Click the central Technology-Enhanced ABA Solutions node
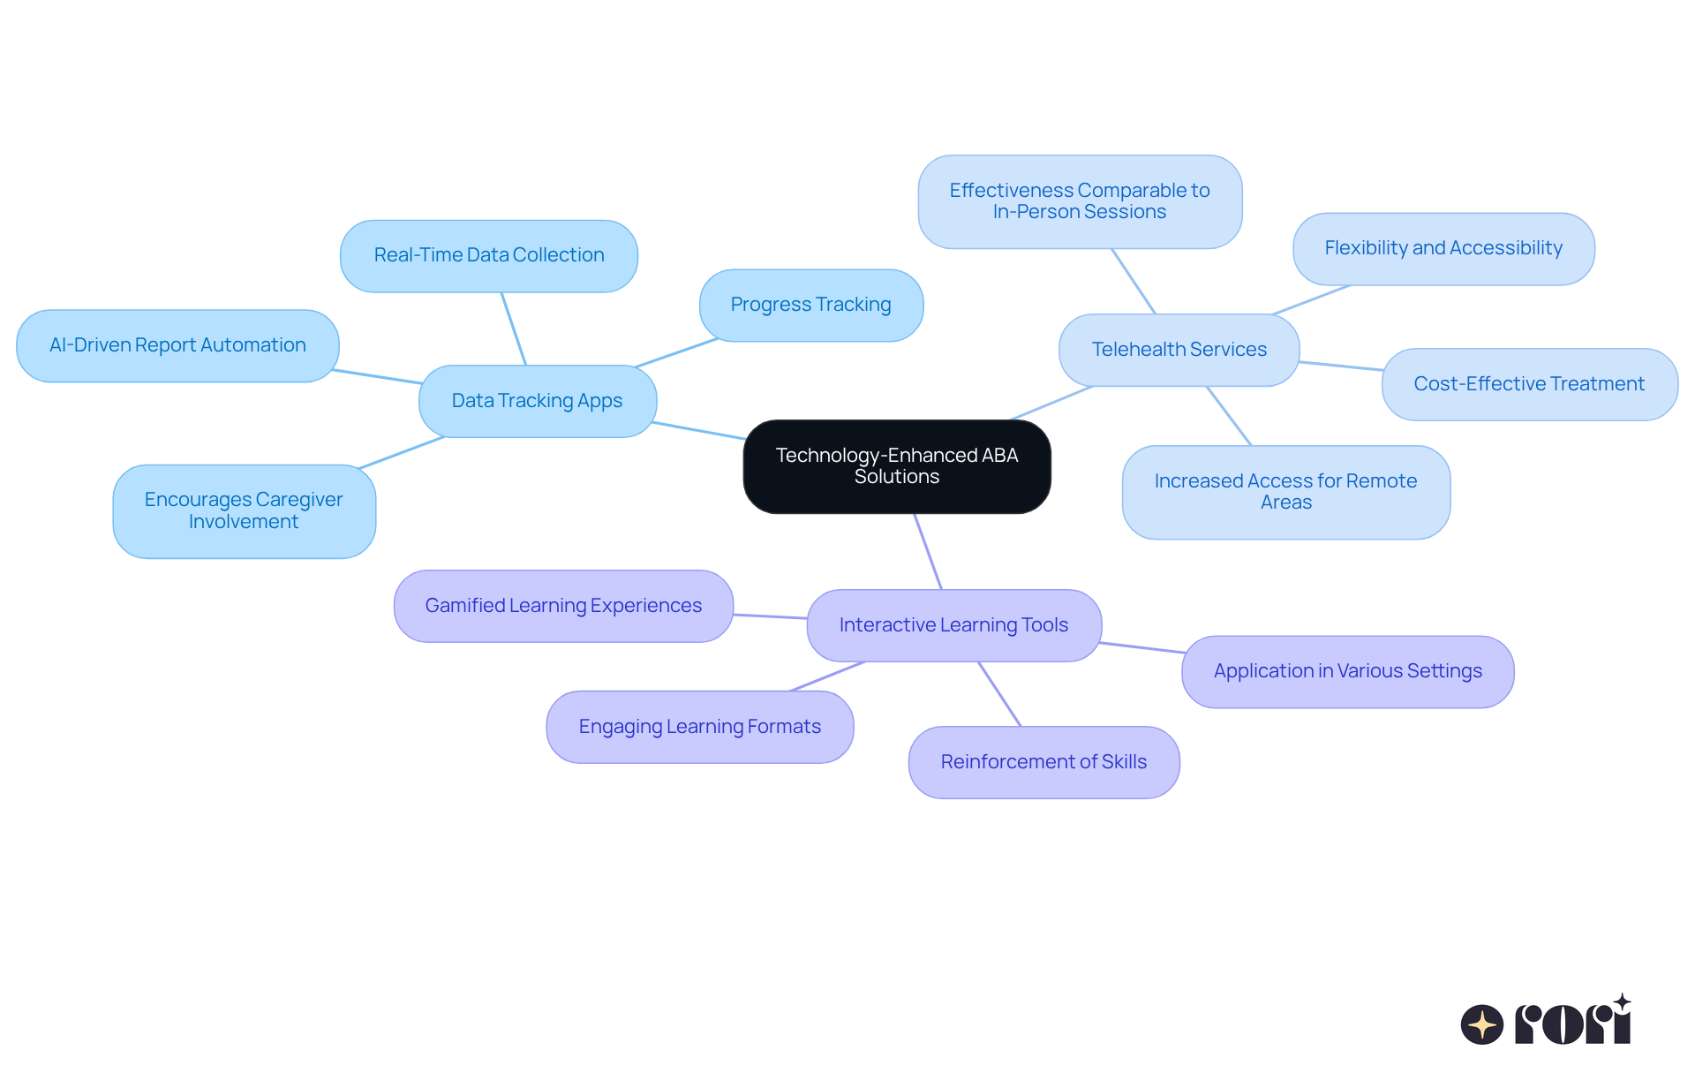coord(897,466)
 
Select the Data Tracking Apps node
coord(537,401)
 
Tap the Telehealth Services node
coord(1179,350)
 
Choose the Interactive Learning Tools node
coord(953,625)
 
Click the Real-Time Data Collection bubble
coord(488,255)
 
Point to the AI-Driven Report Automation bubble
coord(177,345)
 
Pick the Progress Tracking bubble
coord(810,305)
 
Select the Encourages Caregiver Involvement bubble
coord(244,511)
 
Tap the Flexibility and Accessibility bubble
coord(1443,248)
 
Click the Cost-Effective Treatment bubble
coord(1529,384)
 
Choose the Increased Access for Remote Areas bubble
coord(1285,492)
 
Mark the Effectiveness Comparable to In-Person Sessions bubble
coord(1080,201)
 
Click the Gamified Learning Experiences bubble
coord(563,606)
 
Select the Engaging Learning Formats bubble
coord(699,727)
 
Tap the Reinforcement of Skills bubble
coord(1043,762)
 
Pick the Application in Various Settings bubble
coord(1347,671)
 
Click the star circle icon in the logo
coord(1481,1024)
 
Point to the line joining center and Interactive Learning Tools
coord(928,552)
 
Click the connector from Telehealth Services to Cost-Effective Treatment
coord(1340,366)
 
